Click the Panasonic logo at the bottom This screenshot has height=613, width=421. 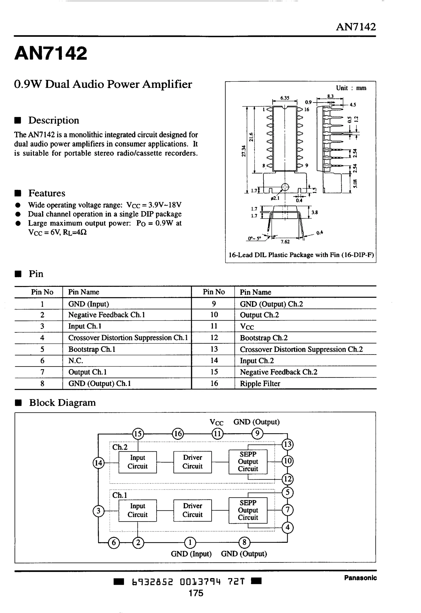click(360, 578)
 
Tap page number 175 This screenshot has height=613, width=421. click(196, 593)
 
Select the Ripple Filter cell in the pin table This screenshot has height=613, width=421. click(260, 383)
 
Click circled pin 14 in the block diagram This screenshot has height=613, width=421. click(98, 463)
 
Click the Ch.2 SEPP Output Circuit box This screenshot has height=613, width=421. click(248, 462)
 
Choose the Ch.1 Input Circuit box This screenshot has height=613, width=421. click(138, 510)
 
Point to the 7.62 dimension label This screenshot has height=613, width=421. click(285, 242)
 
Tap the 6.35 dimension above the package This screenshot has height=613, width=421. click(285, 98)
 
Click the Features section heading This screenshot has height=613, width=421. click(47, 193)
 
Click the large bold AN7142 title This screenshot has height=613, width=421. click(51, 53)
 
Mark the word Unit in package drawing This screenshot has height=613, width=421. click(342, 88)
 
